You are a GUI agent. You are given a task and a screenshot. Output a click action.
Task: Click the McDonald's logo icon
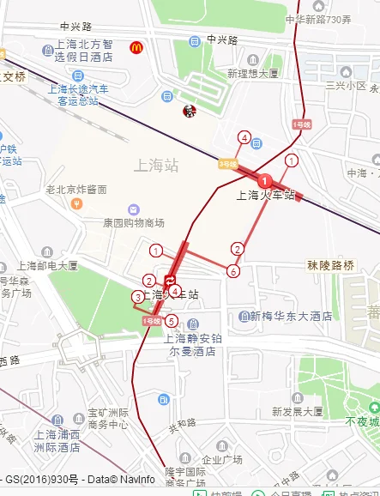136,47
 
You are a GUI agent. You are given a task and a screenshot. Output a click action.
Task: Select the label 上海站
157,164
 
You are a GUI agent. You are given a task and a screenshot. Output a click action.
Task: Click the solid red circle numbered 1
266,180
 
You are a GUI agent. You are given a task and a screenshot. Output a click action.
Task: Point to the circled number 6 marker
232,272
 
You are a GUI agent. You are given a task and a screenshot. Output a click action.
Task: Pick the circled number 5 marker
172,321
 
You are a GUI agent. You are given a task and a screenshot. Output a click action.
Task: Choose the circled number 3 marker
137,297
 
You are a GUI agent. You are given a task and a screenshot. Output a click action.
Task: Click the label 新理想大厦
253,75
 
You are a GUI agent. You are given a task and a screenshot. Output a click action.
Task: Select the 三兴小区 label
346,87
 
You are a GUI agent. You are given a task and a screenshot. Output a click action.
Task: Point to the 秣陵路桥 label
330,266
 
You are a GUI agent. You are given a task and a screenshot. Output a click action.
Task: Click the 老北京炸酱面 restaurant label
76,189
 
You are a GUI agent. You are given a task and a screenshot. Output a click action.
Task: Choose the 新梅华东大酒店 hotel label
291,316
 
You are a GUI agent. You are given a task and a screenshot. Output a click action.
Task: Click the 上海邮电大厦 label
46,266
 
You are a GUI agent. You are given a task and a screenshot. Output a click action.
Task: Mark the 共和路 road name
182,423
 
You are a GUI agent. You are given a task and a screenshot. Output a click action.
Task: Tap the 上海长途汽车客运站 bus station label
78,94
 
